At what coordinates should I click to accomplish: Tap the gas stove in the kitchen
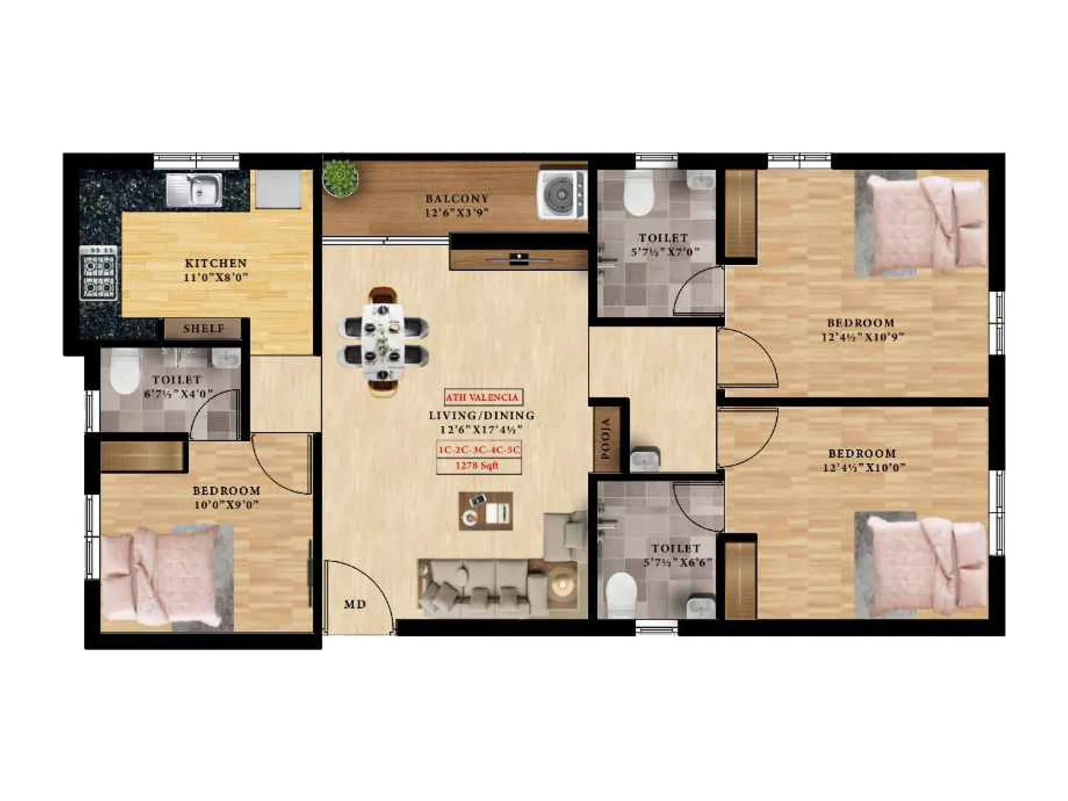(x=98, y=273)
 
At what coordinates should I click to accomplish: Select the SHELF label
(x=204, y=328)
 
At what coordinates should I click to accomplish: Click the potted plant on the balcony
(x=341, y=179)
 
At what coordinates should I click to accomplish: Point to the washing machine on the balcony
(x=561, y=194)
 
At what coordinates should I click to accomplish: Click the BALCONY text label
(x=457, y=198)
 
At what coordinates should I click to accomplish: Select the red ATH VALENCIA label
(x=482, y=397)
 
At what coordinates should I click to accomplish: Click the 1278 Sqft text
(x=477, y=466)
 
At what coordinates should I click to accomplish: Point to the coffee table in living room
(x=485, y=511)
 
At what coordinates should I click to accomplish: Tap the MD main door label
(x=354, y=605)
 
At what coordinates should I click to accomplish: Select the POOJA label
(x=607, y=440)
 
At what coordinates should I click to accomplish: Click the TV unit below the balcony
(x=518, y=258)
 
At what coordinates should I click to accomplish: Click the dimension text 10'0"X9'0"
(x=226, y=505)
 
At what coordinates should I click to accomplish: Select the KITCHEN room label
(x=216, y=263)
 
